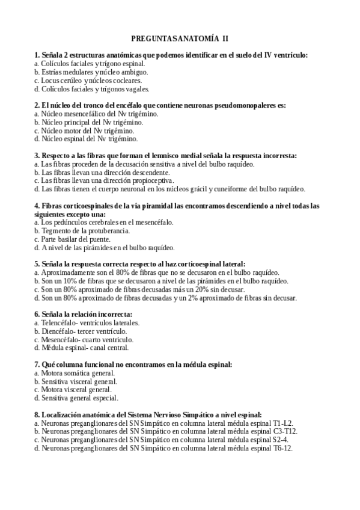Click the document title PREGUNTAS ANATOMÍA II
tap(180, 38)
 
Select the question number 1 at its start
tap(37, 55)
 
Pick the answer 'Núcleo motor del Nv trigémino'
tap(87, 130)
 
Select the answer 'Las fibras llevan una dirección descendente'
tap(102, 172)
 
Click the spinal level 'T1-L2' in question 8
tap(281, 423)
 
